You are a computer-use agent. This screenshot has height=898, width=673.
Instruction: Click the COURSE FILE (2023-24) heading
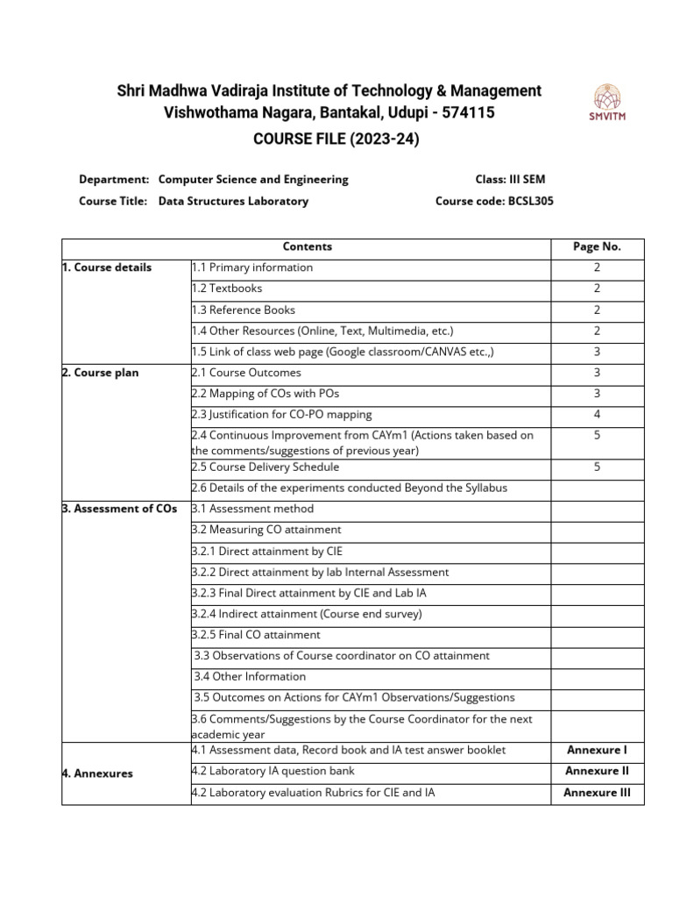tap(330, 138)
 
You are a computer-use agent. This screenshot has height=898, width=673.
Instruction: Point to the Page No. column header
tap(597, 247)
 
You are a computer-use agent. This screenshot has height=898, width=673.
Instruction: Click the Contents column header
tap(307, 247)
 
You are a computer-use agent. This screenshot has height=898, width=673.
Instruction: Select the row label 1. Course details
tap(107, 267)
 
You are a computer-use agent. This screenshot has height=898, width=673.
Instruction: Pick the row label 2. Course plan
tap(101, 373)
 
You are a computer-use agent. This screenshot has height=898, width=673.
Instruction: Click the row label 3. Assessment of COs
tap(119, 509)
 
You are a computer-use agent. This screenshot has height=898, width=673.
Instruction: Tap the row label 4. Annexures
tap(97, 773)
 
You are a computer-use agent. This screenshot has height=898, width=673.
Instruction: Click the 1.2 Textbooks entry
tap(227, 289)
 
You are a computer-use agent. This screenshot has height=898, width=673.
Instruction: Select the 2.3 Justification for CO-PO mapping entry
tap(281, 415)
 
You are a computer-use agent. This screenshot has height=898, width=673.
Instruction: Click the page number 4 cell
tap(597, 415)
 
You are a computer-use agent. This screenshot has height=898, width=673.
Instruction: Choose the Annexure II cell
tap(597, 772)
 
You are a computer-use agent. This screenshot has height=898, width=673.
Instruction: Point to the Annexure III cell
tap(597, 793)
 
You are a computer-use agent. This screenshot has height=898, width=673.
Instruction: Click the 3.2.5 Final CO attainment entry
tap(256, 635)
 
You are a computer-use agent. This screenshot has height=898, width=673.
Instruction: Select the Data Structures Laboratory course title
tap(233, 201)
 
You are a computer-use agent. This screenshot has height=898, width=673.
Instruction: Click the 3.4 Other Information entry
tap(250, 677)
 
